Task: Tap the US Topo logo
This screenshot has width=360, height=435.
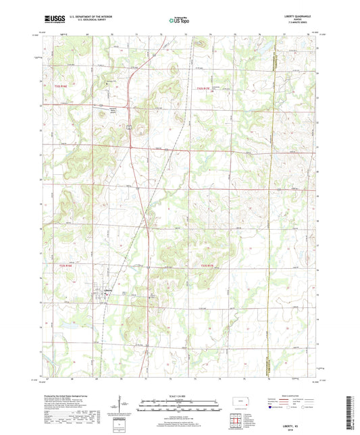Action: [179, 21]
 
